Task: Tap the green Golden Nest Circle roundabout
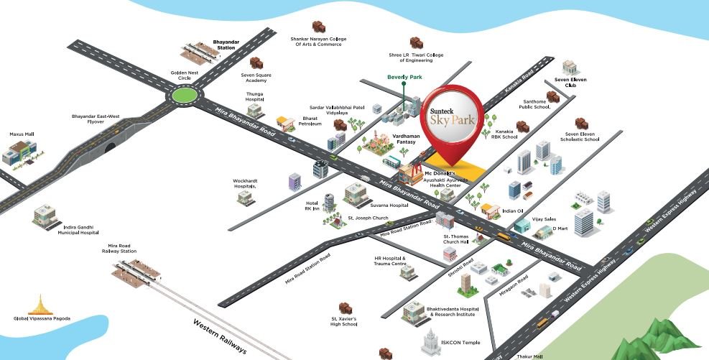point(184,94)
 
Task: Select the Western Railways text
point(220,336)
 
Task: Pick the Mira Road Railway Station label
point(119,249)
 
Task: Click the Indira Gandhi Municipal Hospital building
point(44,213)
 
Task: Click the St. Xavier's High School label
point(343,320)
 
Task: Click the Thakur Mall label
point(529,356)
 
